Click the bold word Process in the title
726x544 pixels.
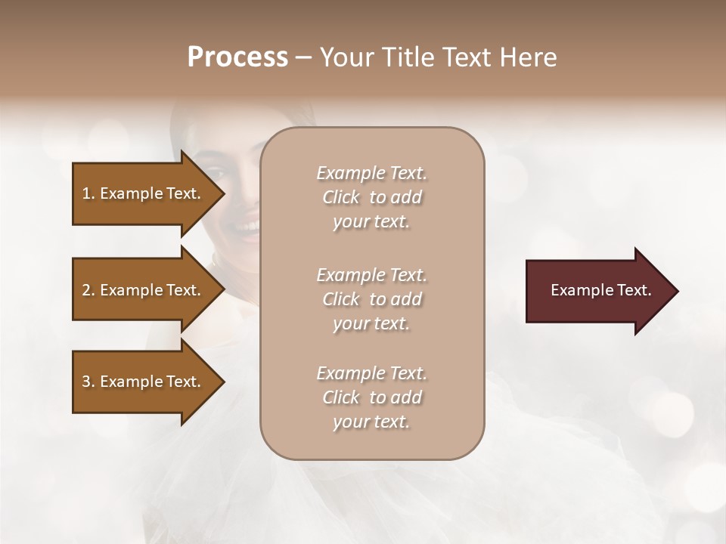(x=237, y=57)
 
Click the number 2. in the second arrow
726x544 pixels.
(x=88, y=290)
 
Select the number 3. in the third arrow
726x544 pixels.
(x=88, y=382)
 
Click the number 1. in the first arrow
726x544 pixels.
(x=88, y=193)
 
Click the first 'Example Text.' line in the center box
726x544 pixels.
(x=371, y=173)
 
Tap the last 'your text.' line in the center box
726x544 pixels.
(x=371, y=422)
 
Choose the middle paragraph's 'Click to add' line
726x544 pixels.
(x=371, y=299)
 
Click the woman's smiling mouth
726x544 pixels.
(x=246, y=225)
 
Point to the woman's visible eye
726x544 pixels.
(x=214, y=171)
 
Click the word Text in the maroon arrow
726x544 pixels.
(x=634, y=290)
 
